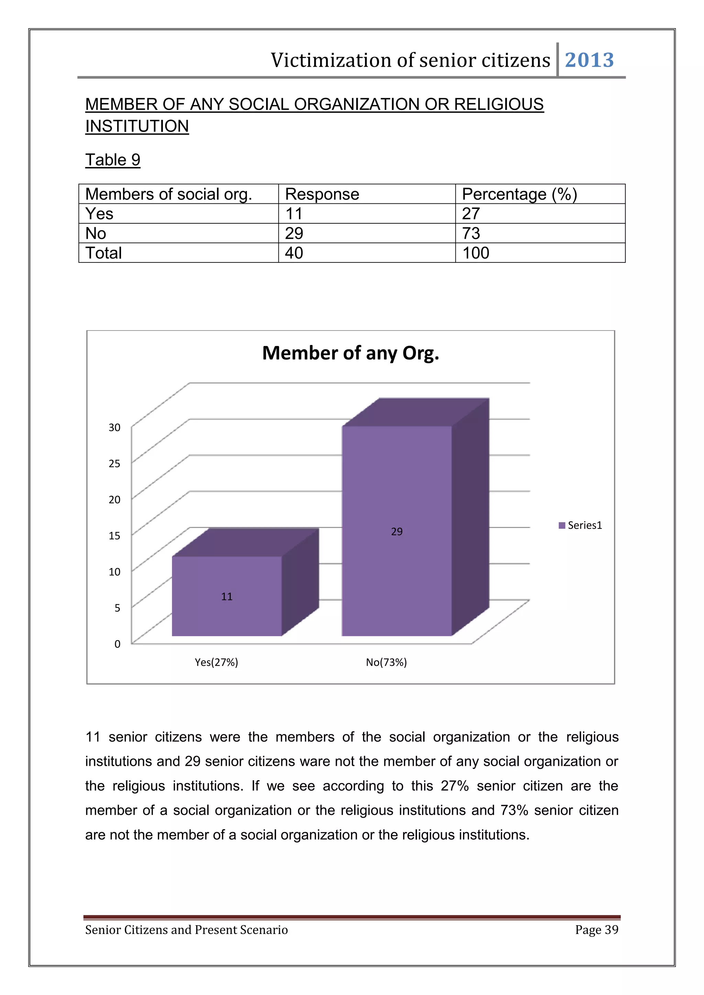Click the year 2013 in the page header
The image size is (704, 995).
[x=589, y=60]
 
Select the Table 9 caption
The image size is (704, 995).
[x=113, y=160]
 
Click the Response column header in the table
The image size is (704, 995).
[x=322, y=194]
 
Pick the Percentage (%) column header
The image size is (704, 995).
[x=519, y=194]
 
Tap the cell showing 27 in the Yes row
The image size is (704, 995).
[x=471, y=214]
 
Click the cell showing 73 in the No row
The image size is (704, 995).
[x=471, y=234]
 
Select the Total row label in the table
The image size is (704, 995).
[x=103, y=253]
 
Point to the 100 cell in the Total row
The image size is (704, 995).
[x=475, y=253]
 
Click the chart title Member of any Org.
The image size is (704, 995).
[x=351, y=353]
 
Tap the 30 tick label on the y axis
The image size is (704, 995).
[x=114, y=428]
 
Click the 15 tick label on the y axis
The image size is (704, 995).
[x=114, y=536]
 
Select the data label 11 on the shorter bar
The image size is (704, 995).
[x=227, y=597]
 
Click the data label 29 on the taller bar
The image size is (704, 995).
[x=397, y=532]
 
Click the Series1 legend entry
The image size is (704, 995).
[x=581, y=526]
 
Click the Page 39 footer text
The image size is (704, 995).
[x=596, y=930]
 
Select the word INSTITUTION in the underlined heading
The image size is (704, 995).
[x=137, y=126]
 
